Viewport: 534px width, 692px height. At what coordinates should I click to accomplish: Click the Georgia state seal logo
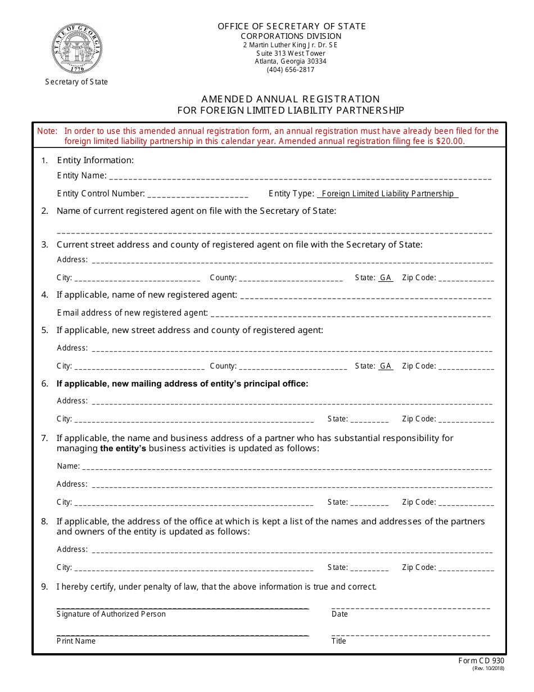tap(77, 48)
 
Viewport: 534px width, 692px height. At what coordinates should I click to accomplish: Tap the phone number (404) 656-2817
tap(290, 70)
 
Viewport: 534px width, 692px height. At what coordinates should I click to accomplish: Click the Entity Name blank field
tap(300, 177)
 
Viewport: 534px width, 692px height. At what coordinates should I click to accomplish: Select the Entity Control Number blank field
tap(197, 195)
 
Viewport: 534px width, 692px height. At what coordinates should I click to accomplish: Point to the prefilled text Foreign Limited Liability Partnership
tap(387, 194)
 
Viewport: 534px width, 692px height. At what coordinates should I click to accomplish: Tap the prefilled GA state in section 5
tap(386, 366)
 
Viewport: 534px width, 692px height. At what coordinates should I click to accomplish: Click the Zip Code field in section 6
tap(466, 420)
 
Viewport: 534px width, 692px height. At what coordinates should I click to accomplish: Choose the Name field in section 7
tap(287, 467)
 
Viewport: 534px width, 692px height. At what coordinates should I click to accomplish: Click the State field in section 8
tap(369, 568)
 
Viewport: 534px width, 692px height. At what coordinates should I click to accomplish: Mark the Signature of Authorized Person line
tap(182, 607)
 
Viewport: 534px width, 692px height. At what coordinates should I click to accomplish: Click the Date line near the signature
tap(410, 607)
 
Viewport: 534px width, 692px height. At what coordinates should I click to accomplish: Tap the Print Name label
tap(76, 641)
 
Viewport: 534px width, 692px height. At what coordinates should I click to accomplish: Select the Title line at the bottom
tap(410, 634)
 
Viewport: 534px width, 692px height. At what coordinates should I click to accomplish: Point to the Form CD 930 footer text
tap(481, 661)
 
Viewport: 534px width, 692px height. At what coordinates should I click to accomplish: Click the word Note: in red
tap(47, 131)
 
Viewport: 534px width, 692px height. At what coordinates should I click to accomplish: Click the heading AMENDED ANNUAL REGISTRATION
tap(291, 99)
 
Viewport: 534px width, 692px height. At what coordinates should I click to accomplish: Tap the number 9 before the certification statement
tap(44, 587)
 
